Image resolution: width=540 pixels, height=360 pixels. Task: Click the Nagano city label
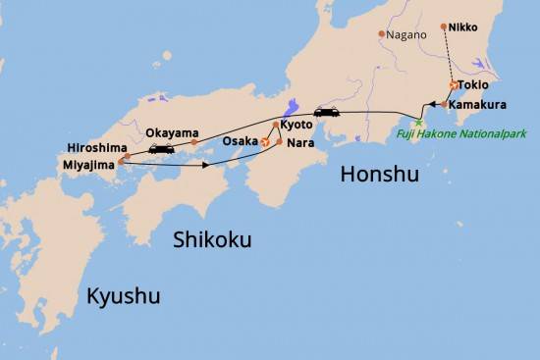(407, 35)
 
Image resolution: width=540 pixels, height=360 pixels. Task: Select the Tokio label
(473, 84)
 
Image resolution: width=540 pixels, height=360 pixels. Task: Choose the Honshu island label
(379, 175)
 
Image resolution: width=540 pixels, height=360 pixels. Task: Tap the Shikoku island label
(212, 239)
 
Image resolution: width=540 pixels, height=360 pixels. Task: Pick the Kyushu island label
(123, 295)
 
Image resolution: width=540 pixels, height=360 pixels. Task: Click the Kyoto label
(297, 125)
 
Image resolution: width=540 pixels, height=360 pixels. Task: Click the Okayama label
(172, 132)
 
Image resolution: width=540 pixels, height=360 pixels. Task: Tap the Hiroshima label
(94, 147)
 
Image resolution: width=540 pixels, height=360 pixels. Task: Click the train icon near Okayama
(161, 149)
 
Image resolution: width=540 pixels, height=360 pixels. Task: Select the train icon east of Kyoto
(326, 112)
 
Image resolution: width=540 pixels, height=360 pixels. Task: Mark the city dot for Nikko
(444, 26)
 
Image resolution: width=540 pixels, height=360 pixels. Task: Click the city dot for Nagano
(382, 34)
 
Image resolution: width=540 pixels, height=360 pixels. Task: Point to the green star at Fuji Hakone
(418, 122)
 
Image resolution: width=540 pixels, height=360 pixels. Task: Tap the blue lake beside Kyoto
(290, 108)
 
